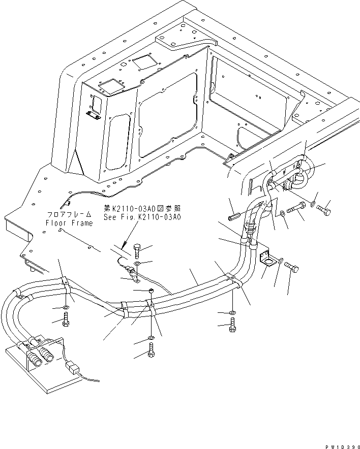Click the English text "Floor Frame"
click(x=69, y=223)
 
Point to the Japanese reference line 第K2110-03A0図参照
click(x=142, y=209)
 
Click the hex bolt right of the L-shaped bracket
click(x=291, y=266)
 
